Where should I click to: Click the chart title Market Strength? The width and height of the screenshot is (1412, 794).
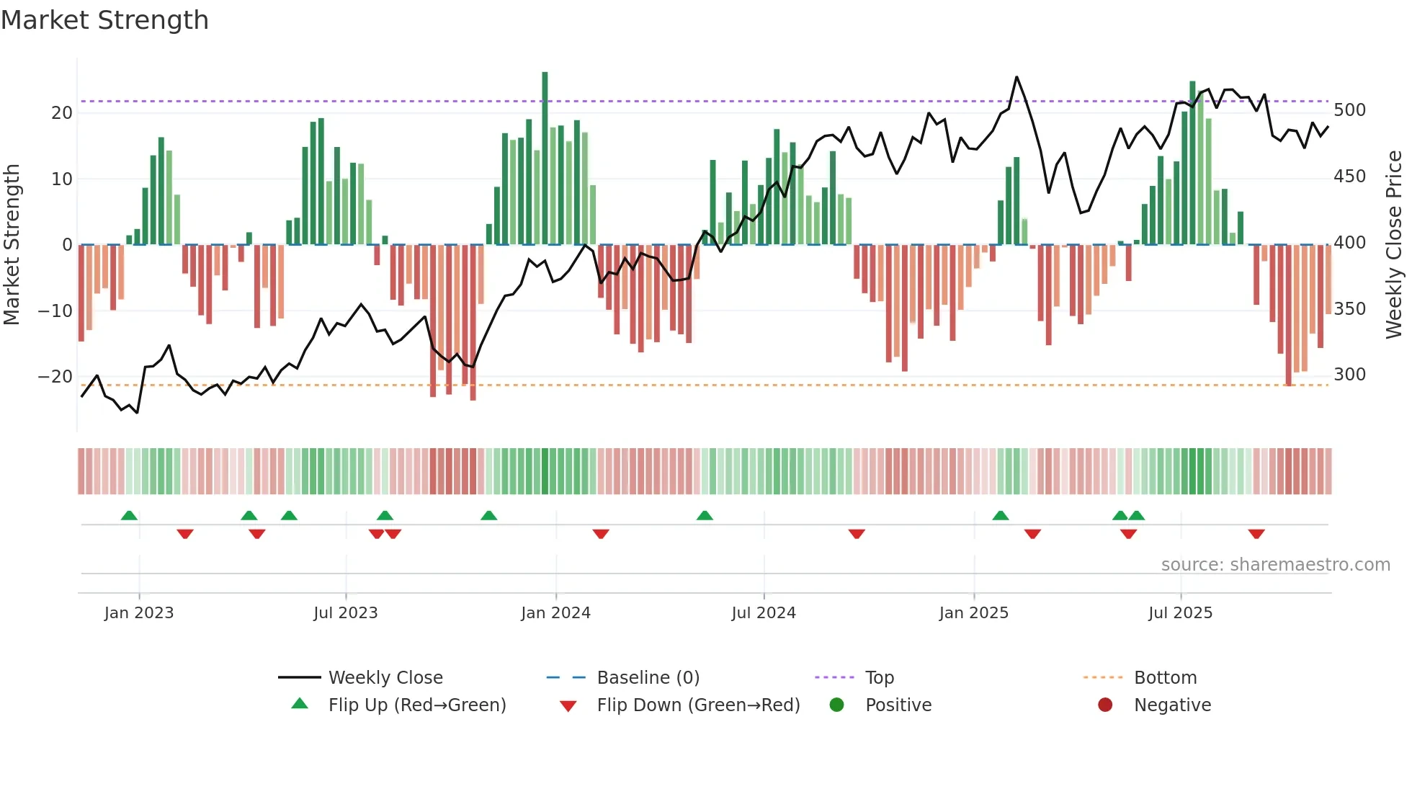(x=104, y=20)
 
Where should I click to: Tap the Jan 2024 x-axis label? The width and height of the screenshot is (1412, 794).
(x=555, y=613)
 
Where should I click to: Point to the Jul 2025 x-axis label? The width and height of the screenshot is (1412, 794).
(x=1180, y=613)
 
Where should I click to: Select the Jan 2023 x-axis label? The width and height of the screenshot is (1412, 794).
(x=139, y=613)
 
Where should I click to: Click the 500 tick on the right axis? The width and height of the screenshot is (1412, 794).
(x=1349, y=110)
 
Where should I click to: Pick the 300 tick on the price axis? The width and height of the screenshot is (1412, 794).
(x=1349, y=375)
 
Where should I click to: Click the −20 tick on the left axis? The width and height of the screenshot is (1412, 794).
(x=55, y=377)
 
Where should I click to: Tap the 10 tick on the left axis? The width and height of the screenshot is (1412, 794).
(x=62, y=179)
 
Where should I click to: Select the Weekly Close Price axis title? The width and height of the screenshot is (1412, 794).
(x=1394, y=245)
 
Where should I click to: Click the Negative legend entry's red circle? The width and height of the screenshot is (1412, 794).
(x=1105, y=705)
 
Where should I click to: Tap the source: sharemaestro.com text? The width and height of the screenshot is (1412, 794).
(x=1275, y=565)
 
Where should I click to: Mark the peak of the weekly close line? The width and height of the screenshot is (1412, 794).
(x=1016, y=77)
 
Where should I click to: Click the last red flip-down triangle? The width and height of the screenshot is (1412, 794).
(x=1256, y=534)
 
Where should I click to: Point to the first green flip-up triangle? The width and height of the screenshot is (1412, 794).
(x=129, y=515)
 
